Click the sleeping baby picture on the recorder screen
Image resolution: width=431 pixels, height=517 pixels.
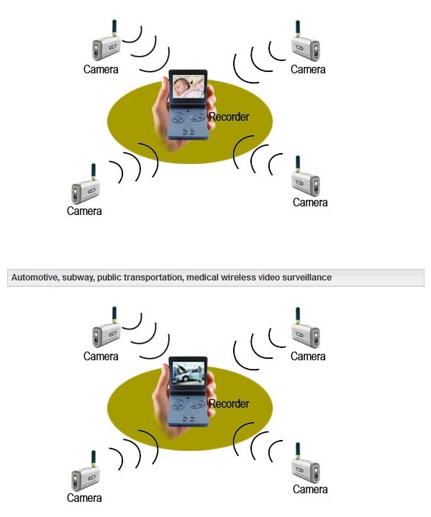[189, 86]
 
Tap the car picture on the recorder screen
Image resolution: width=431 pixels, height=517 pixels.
[189, 372]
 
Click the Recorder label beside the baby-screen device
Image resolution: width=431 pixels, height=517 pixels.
[229, 116]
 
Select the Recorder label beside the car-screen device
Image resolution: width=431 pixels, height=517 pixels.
[229, 403]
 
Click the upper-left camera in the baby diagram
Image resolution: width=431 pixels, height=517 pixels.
[106, 40]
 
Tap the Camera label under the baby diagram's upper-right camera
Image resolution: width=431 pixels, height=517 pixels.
[308, 70]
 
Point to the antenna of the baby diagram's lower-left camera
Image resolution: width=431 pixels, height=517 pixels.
[94, 171]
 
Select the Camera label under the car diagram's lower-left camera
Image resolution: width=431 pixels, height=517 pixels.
[84, 498]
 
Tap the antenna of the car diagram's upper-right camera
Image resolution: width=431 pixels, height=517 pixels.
[298, 316]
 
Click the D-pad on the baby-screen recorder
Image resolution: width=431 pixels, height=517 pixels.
[178, 118]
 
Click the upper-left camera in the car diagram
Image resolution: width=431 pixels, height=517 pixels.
[106, 327]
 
